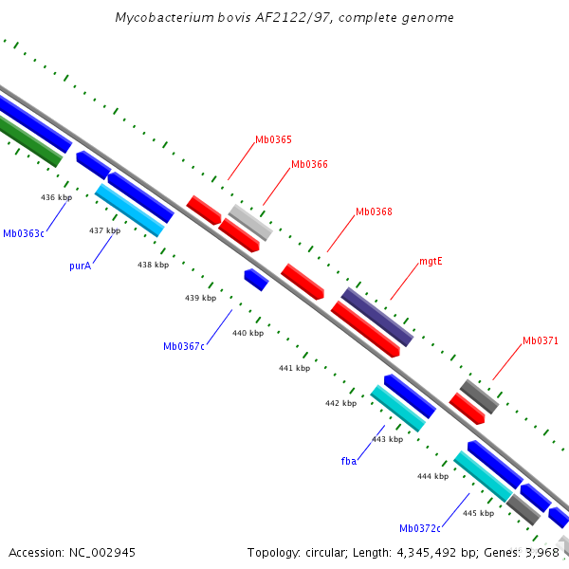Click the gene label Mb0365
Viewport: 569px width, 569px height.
tap(273, 140)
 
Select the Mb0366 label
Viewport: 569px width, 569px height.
tap(309, 164)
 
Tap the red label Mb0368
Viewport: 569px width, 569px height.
tap(374, 211)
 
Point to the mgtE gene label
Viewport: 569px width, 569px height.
tap(431, 261)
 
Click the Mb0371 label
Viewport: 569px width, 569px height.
tap(541, 340)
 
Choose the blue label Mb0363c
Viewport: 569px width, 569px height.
tap(24, 233)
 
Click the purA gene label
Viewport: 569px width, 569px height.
tap(80, 266)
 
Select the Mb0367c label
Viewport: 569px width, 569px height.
tap(184, 347)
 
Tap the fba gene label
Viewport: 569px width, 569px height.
tap(349, 461)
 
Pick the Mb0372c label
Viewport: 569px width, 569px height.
tap(420, 528)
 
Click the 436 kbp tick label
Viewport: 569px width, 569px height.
tap(56, 197)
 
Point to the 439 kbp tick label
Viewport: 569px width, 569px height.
tap(200, 298)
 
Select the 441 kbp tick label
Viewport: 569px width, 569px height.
tap(294, 368)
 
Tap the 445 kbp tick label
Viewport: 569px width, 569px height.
tap(478, 513)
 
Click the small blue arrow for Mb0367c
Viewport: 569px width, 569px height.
tap(256, 279)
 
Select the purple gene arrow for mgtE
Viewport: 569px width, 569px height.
tap(377, 317)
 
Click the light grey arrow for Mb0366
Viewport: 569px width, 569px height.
tap(251, 222)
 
